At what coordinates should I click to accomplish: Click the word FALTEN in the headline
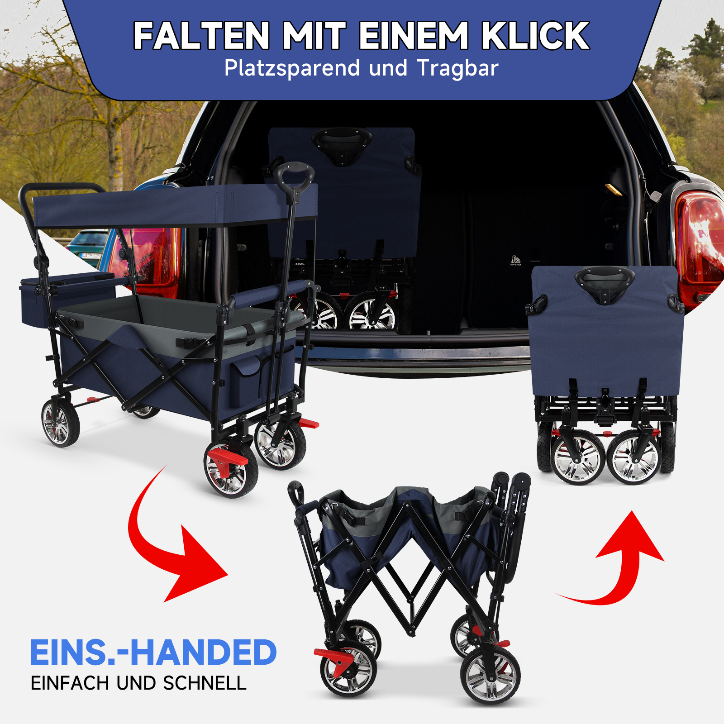[x=202, y=36]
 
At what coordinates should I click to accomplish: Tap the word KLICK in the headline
[x=535, y=36]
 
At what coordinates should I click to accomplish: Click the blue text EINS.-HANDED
[x=153, y=653]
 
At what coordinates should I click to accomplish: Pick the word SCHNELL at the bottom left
[x=205, y=683]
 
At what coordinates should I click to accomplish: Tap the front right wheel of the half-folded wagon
[x=490, y=676]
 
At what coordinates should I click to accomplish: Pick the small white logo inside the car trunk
[x=515, y=260]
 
